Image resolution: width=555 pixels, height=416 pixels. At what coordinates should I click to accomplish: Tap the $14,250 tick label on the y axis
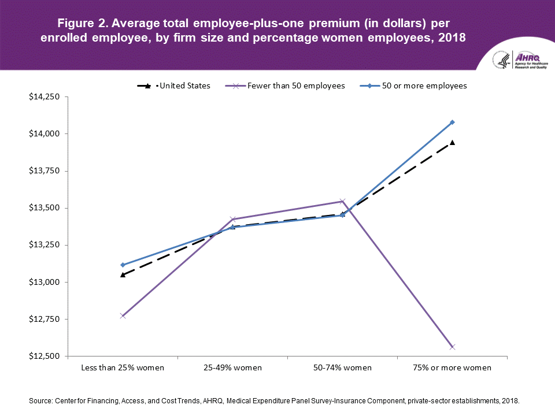coord(45,96)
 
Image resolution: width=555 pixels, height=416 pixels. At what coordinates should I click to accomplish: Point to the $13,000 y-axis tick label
coord(45,282)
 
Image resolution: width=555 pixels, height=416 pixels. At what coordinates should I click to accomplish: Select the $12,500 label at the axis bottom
coord(45,356)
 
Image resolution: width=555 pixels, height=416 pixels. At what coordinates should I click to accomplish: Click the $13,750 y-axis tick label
coord(45,170)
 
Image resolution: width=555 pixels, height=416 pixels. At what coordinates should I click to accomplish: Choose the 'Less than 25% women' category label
coord(123,367)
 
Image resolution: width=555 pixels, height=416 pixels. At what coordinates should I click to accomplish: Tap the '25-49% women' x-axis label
coord(232,367)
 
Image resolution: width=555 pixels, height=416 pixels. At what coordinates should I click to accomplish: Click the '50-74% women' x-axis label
coord(343,367)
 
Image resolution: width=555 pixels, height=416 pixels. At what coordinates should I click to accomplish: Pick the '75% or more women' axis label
coord(453,367)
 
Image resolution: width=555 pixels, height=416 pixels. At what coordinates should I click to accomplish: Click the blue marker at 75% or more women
coord(453,122)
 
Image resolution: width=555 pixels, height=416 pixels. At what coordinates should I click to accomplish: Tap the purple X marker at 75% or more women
coord(453,347)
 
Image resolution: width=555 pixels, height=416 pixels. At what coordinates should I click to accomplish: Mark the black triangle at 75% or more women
coord(453,142)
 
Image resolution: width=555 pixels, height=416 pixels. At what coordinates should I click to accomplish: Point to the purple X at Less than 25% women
coord(123,315)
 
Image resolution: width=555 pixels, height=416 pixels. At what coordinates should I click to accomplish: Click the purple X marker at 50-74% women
coord(343,201)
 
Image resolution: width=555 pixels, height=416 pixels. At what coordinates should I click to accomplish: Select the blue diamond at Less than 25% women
coord(123,265)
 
